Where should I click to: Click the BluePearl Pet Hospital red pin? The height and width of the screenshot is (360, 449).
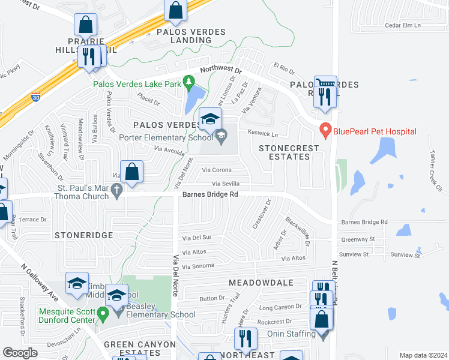point(326,130)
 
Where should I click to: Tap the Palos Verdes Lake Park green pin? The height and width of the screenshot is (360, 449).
point(189,81)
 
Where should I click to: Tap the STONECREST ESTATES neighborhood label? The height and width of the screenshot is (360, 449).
point(285,152)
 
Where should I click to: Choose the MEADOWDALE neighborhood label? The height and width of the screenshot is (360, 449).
point(261,282)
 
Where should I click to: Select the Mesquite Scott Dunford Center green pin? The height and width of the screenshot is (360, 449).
point(103,313)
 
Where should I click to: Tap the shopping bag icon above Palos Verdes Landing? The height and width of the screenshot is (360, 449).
point(175,10)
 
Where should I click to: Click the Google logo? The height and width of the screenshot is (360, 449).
point(20,353)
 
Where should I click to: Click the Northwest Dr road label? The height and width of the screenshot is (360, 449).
point(220,70)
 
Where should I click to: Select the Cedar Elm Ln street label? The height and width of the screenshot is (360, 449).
point(404,25)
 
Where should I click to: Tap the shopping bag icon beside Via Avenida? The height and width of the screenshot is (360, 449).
point(132,171)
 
